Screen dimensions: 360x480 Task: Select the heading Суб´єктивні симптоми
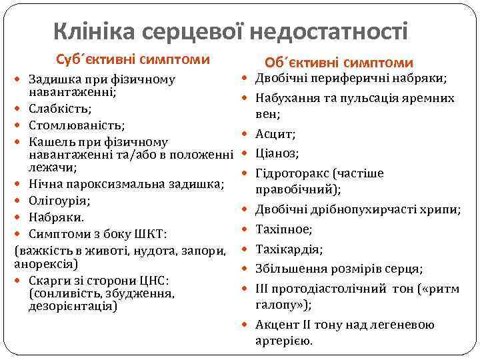point(133,59)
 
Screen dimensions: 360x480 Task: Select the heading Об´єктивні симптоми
point(339,63)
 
